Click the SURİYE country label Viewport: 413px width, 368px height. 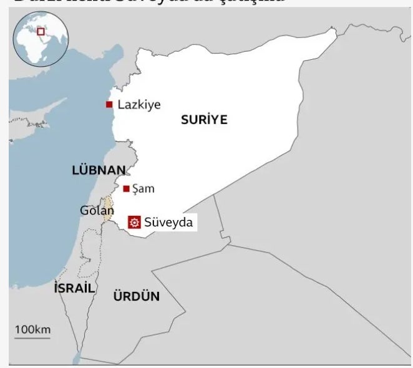(204, 120)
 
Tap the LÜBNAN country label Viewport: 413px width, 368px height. (99, 170)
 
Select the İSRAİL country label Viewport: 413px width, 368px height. (75, 288)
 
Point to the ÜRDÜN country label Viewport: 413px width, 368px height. (136, 296)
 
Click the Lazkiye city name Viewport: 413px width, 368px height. (138, 105)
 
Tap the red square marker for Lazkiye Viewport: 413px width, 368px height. (109, 105)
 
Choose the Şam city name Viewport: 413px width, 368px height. (143, 188)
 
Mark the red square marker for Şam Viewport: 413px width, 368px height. (126, 188)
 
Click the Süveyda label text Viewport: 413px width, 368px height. (168, 222)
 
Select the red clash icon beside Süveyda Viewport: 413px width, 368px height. (133, 222)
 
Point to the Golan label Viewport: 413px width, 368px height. (96, 210)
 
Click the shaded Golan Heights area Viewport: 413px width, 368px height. (108, 208)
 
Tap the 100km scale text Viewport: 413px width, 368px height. (32, 329)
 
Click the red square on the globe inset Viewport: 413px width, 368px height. (41, 32)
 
